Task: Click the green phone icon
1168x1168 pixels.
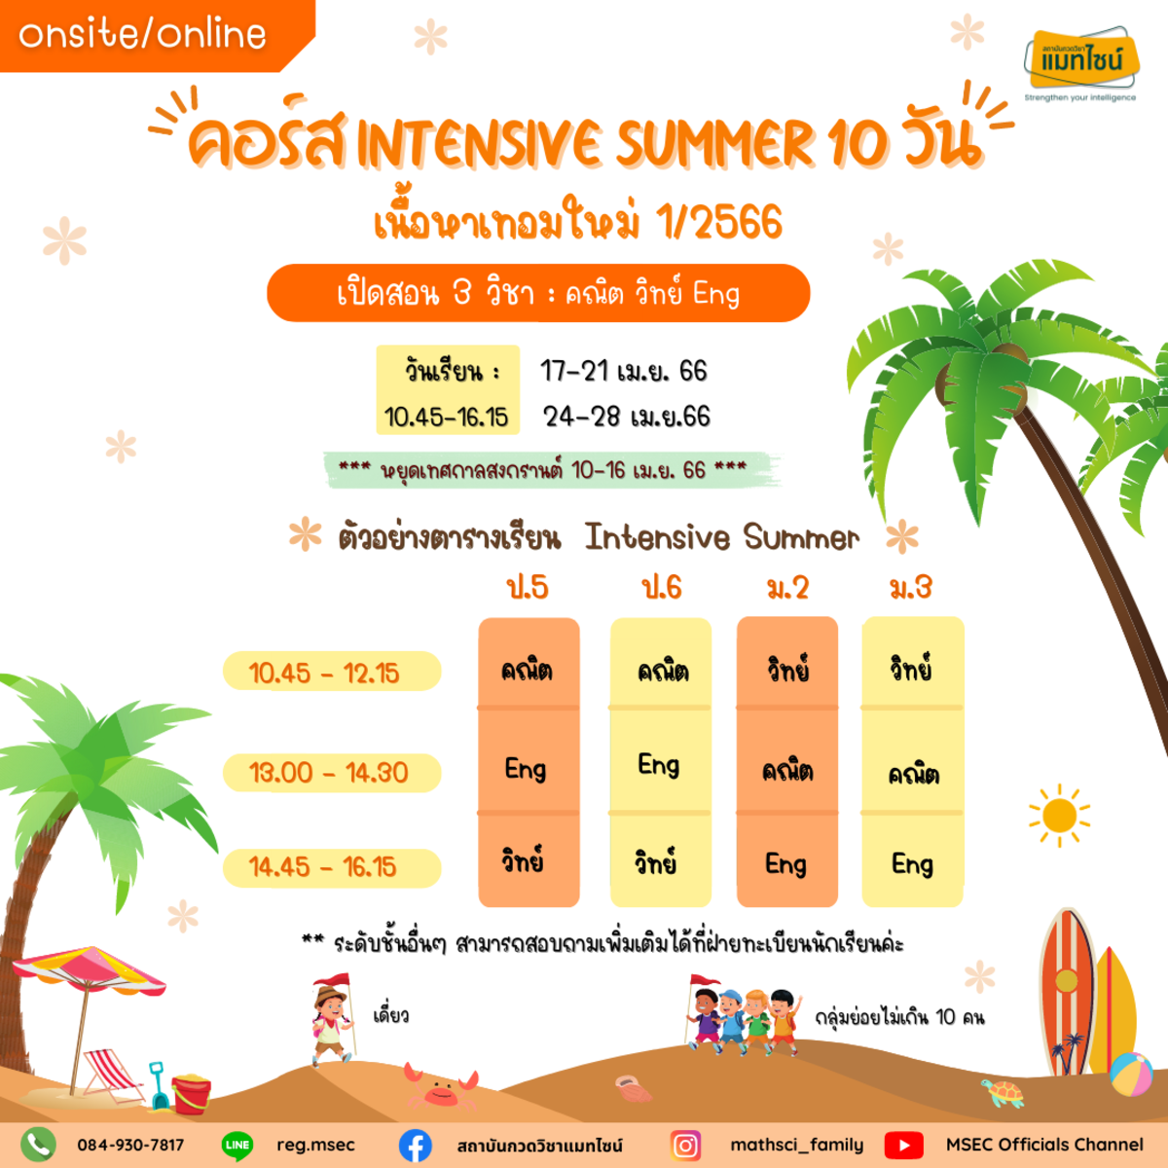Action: [38, 1145]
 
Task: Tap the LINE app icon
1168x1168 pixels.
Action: [237, 1145]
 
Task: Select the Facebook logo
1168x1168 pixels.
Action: [416, 1145]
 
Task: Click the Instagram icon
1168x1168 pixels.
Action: [685, 1145]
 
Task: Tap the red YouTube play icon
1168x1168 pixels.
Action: [903, 1145]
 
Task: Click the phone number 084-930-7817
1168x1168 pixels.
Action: [130, 1145]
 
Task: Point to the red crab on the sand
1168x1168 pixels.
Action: [441, 1089]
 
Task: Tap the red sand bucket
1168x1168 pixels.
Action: [191, 1094]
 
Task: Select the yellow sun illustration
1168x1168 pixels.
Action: [1059, 815]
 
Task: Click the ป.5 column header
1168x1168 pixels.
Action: [528, 588]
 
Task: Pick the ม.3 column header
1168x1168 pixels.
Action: [910, 587]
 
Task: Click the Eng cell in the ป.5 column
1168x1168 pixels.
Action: [526, 769]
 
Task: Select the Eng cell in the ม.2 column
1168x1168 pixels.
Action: [786, 864]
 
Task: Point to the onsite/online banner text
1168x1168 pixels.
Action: [142, 34]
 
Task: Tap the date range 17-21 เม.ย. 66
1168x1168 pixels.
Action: [623, 371]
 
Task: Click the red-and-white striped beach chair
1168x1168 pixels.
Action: [113, 1075]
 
